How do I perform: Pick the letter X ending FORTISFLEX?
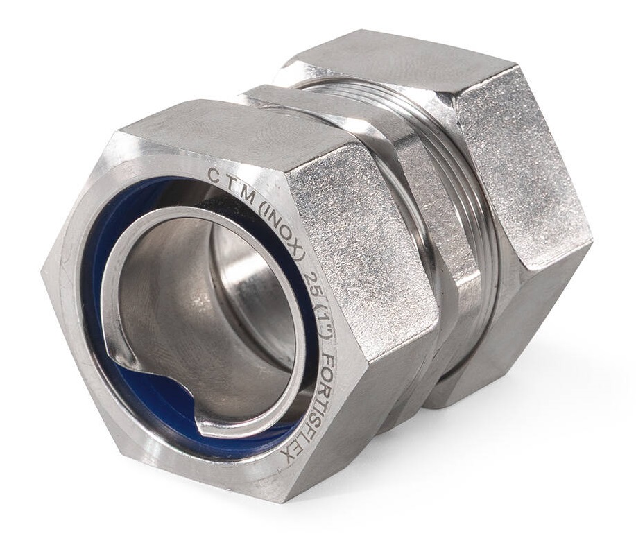(288, 457)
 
